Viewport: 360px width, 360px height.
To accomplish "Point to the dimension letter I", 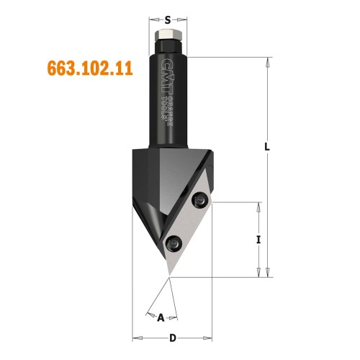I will pyautogui.click(x=258, y=240).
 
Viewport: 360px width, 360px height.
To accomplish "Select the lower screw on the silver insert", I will pyautogui.click(x=173, y=242).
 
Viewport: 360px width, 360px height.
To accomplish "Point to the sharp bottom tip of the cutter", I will pyautogui.click(x=169, y=276).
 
